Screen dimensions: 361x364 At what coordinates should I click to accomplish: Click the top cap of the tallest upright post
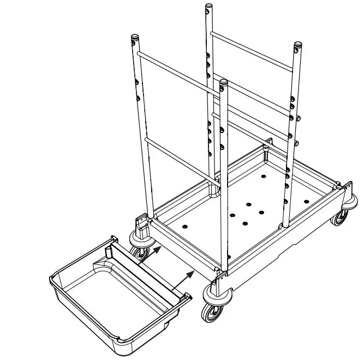coord(207,7)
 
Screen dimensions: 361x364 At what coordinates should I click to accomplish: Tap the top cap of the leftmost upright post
coord(134,38)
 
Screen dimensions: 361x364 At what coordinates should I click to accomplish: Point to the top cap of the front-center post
coord(223,82)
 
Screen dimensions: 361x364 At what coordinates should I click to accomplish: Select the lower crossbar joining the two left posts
coord(180,158)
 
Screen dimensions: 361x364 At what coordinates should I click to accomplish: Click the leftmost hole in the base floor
coord(184,225)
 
